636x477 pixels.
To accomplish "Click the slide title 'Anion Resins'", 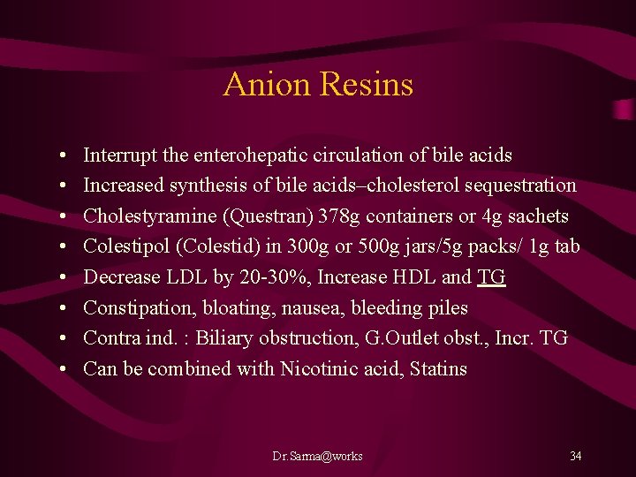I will (318, 85).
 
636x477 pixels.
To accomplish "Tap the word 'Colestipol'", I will (124, 246).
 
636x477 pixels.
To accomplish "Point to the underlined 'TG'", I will (491, 277).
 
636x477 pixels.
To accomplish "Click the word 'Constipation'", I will (136, 308).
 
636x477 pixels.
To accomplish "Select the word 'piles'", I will (447, 308).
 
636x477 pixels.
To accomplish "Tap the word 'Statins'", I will (438, 369).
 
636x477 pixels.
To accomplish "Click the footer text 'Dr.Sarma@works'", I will (317, 456).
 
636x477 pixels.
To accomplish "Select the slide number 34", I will (575, 456).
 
